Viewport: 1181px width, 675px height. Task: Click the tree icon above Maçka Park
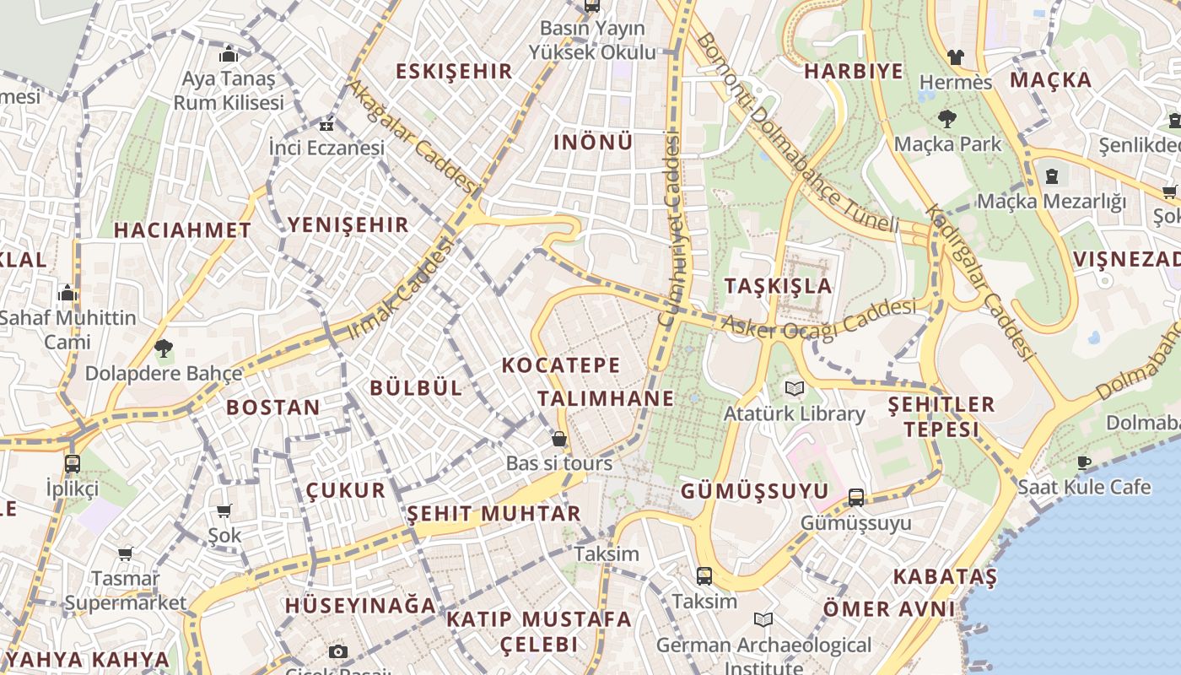[947, 119]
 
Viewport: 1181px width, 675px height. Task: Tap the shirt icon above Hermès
[955, 57]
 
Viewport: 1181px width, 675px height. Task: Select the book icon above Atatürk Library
[794, 389]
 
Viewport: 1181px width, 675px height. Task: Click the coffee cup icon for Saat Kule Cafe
[1084, 462]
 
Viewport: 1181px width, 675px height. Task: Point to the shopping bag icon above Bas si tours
[558, 439]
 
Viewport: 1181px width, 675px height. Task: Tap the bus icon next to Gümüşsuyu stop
[856, 498]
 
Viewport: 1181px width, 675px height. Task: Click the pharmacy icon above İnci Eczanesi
[326, 125]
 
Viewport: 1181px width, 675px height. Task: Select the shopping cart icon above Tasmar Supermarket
[125, 554]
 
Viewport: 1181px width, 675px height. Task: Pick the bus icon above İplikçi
[73, 463]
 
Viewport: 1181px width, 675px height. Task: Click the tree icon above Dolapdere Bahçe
[164, 348]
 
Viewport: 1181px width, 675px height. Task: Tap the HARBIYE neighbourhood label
[853, 71]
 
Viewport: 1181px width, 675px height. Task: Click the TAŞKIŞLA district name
[778, 286]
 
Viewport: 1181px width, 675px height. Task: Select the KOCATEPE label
[561, 365]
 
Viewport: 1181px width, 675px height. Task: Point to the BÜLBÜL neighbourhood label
[417, 388]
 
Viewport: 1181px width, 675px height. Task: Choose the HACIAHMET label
[182, 230]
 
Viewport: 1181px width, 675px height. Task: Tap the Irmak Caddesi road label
[402, 289]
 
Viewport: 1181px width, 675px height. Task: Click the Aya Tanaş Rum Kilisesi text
[228, 91]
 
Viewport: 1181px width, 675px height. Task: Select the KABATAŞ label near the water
[945, 577]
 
